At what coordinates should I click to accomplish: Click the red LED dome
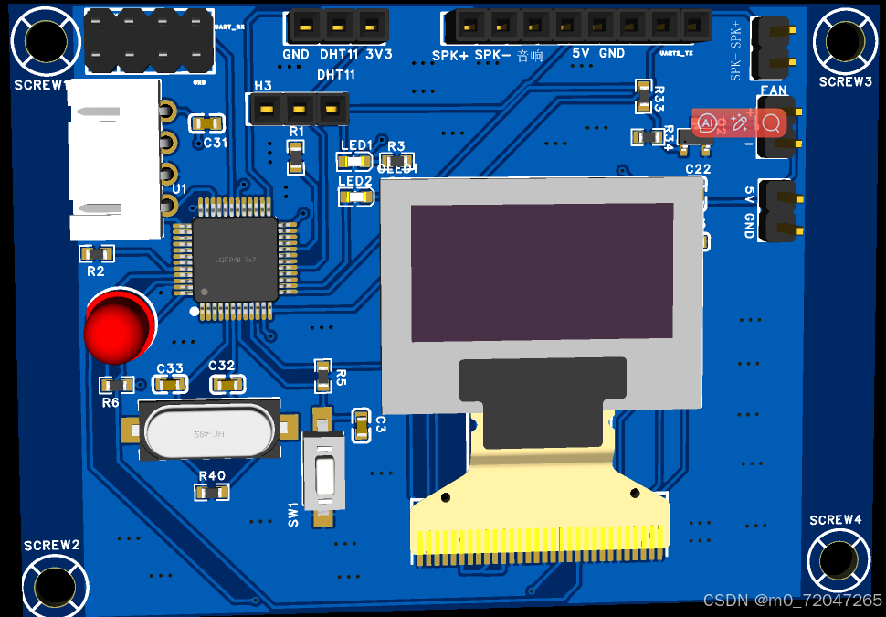117,326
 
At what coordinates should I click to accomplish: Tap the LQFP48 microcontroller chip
235,260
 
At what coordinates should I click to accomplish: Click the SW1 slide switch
323,475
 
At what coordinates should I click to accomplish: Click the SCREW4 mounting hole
837,559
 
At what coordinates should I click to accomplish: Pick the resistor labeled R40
211,493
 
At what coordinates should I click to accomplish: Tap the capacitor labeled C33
170,385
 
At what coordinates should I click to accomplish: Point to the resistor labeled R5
322,373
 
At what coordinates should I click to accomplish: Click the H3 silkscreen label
263,86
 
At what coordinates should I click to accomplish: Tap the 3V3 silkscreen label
378,55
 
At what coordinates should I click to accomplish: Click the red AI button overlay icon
707,122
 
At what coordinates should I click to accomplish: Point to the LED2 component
355,196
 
